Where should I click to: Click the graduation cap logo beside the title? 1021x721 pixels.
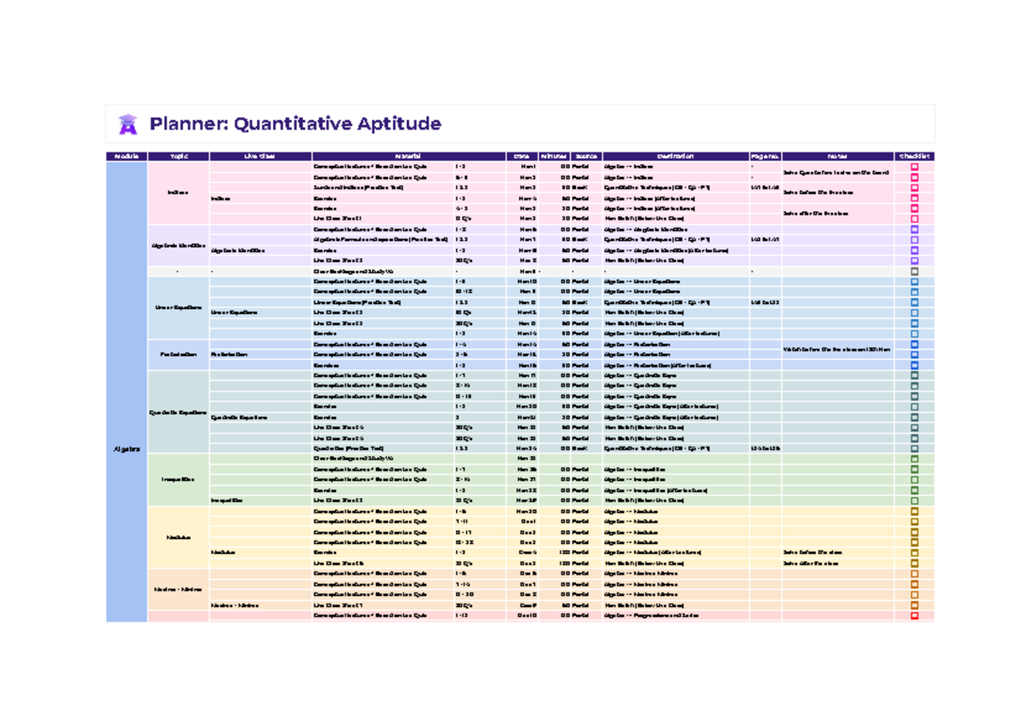[x=128, y=124]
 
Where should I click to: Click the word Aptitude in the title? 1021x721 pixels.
[x=399, y=124]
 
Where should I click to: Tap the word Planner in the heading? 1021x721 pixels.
[x=187, y=124]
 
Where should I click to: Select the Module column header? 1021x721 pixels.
[x=126, y=157]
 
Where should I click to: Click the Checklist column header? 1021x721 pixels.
[x=915, y=157]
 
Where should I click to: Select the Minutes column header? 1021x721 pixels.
[x=553, y=157]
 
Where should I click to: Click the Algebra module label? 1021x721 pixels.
[x=126, y=449]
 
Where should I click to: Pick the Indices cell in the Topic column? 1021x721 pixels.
[x=178, y=192]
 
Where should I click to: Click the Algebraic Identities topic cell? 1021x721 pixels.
[x=178, y=246]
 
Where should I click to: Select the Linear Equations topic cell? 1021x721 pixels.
[x=178, y=307]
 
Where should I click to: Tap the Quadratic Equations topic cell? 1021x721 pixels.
[x=178, y=412]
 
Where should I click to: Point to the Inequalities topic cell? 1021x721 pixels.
[x=178, y=479]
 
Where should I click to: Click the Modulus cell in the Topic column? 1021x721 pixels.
[x=178, y=537]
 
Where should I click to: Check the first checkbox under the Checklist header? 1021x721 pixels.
[x=915, y=167]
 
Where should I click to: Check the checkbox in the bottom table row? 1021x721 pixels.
[x=915, y=615]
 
